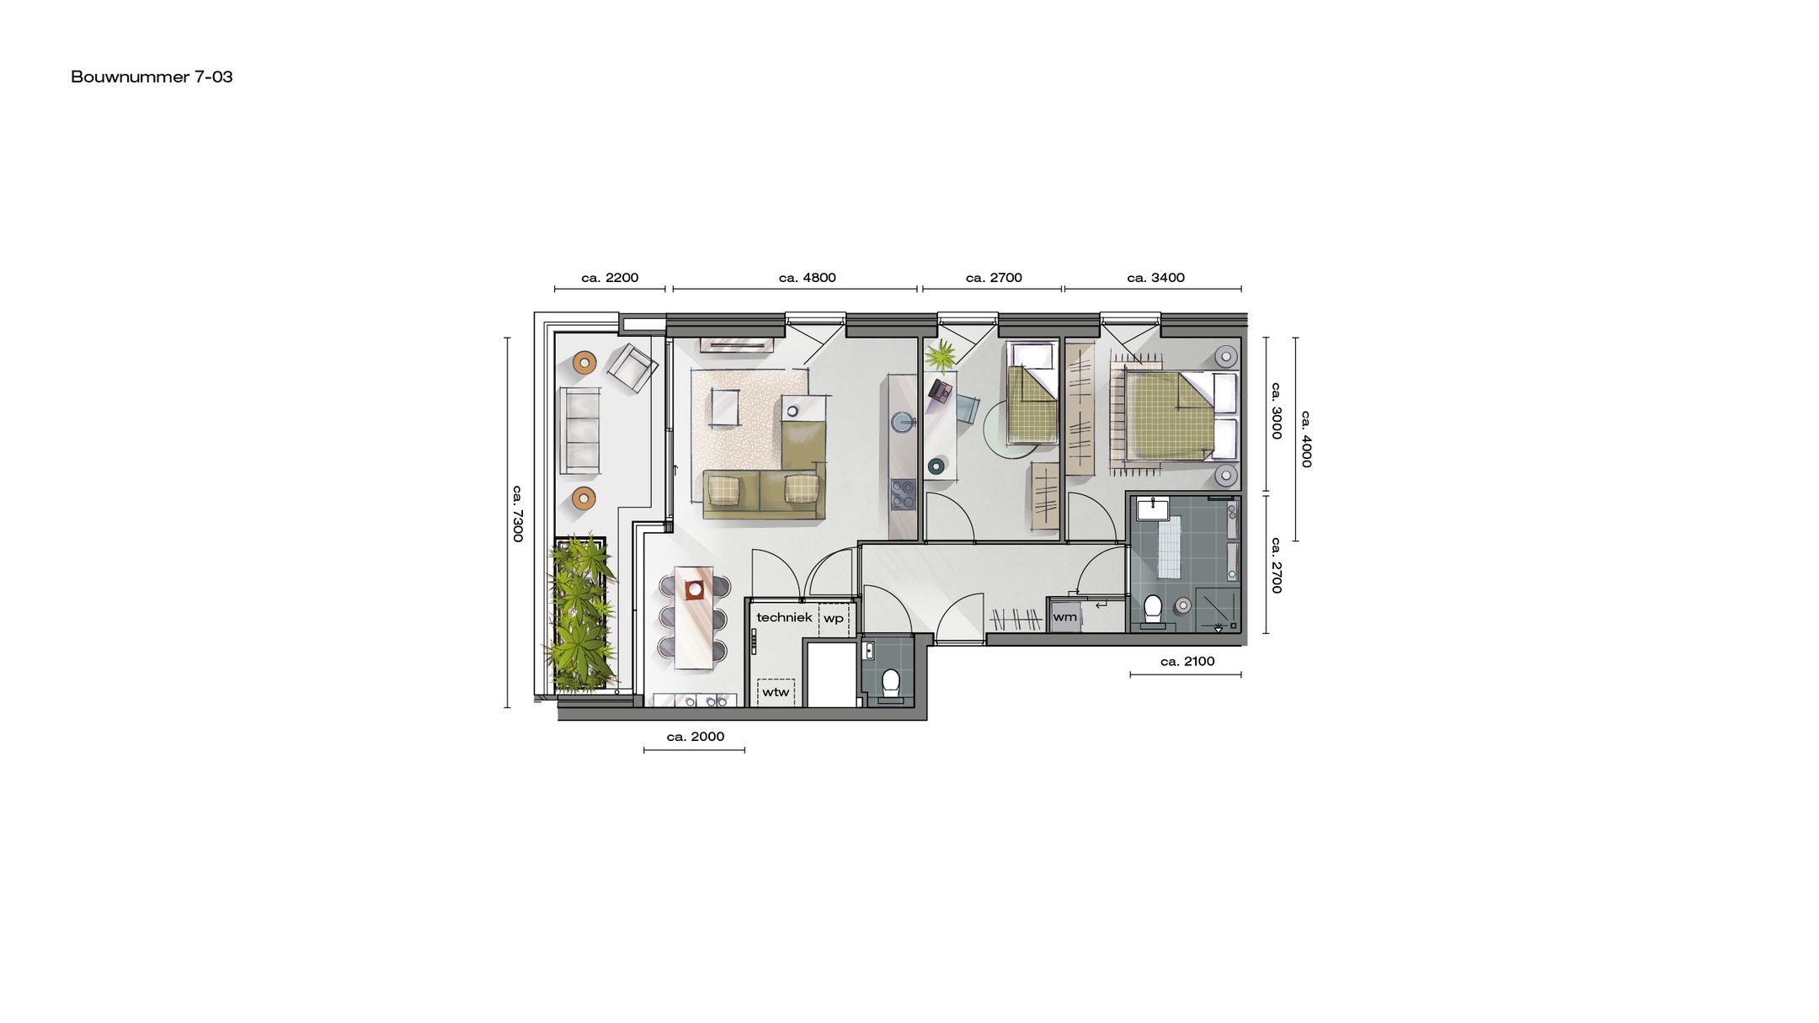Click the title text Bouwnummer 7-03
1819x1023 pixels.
[x=152, y=77]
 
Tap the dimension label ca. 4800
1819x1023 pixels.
[x=807, y=278]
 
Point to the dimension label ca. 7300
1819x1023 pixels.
[x=518, y=513]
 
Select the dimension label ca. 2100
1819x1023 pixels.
[x=1187, y=662]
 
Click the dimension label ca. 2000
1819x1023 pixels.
[x=695, y=737]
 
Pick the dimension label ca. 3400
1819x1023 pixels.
[x=1155, y=278]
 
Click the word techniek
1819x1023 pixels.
[x=784, y=617]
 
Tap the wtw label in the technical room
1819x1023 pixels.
[x=776, y=692]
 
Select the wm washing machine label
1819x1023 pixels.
[x=1064, y=617]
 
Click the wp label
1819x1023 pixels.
[x=833, y=618]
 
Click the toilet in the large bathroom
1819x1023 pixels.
[x=1153, y=609]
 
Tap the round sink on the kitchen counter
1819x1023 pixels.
[x=904, y=422]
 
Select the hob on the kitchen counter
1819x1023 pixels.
[x=903, y=494]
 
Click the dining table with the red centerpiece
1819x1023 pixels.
[x=694, y=616]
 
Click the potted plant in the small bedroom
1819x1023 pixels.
[x=941, y=356]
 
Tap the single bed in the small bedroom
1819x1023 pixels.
[x=1032, y=392]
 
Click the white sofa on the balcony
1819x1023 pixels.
[x=580, y=429]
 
